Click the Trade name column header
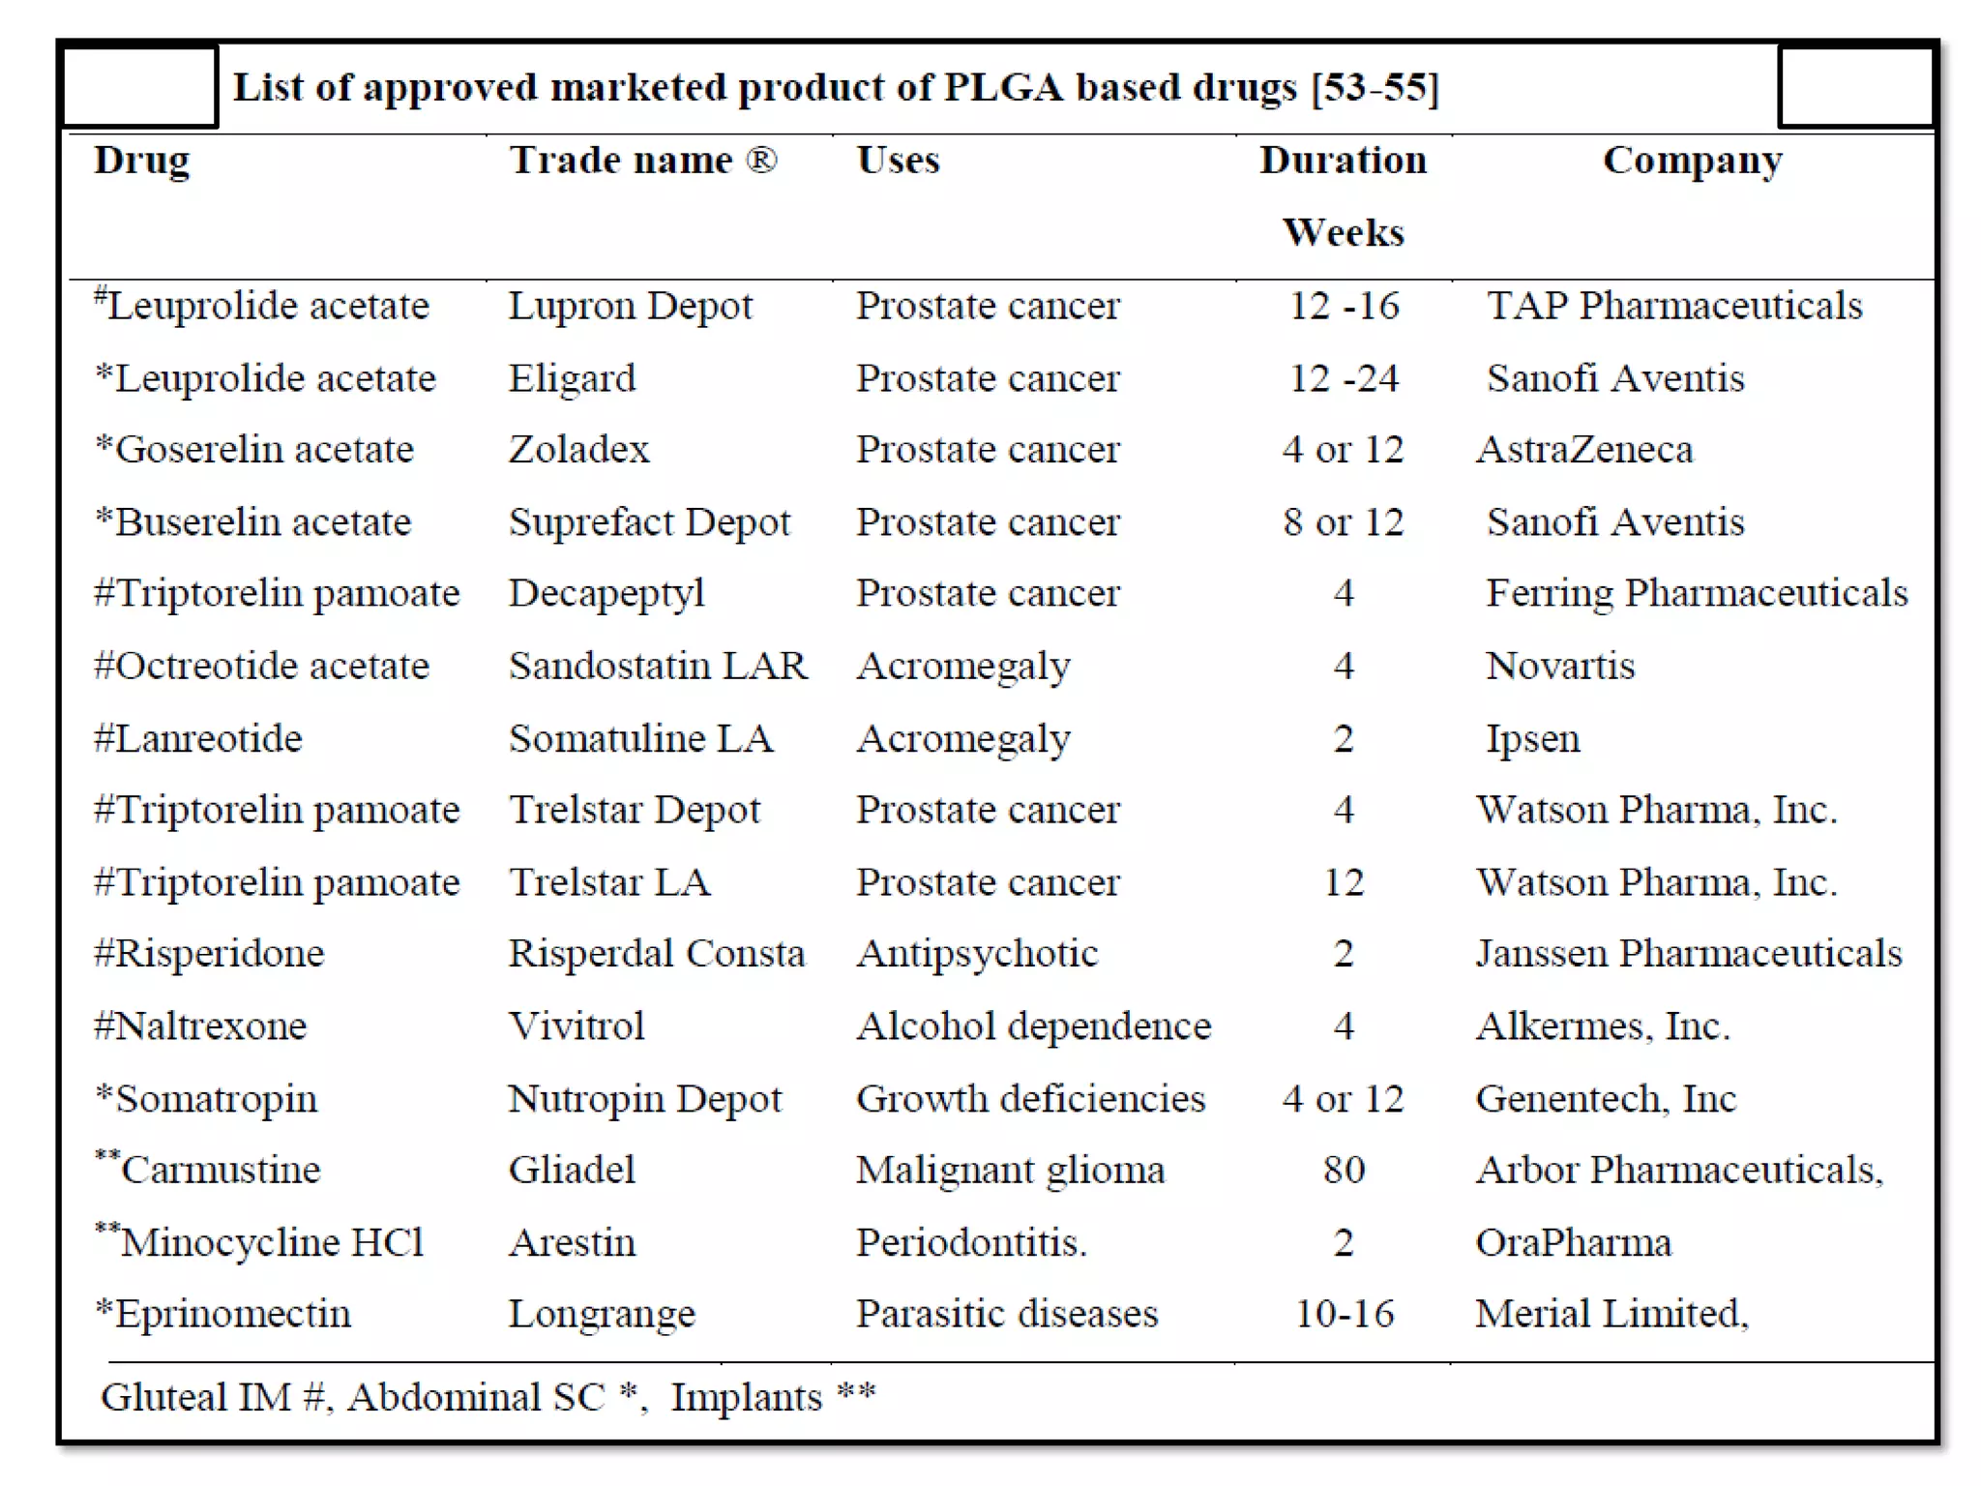643,161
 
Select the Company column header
1692,161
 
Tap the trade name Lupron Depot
630,306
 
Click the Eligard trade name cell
572,378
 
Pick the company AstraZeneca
1584,450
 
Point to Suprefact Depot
649,522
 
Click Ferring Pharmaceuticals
1697,593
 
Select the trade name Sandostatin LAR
658,666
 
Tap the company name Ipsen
1532,739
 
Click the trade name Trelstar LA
609,882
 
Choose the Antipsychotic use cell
977,954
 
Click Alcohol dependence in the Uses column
1033,1026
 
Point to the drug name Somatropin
216,1099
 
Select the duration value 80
1344,1171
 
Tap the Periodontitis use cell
971,1242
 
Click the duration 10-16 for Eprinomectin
1344,1314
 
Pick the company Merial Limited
1611,1314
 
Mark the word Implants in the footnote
746,1398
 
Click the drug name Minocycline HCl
272,1242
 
